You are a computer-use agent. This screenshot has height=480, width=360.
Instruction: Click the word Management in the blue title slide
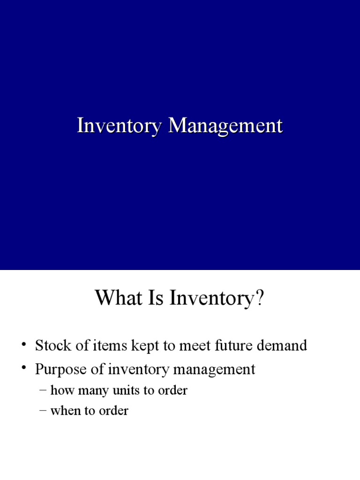[225, 127]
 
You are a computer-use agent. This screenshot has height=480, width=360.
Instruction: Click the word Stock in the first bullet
[53, 346]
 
